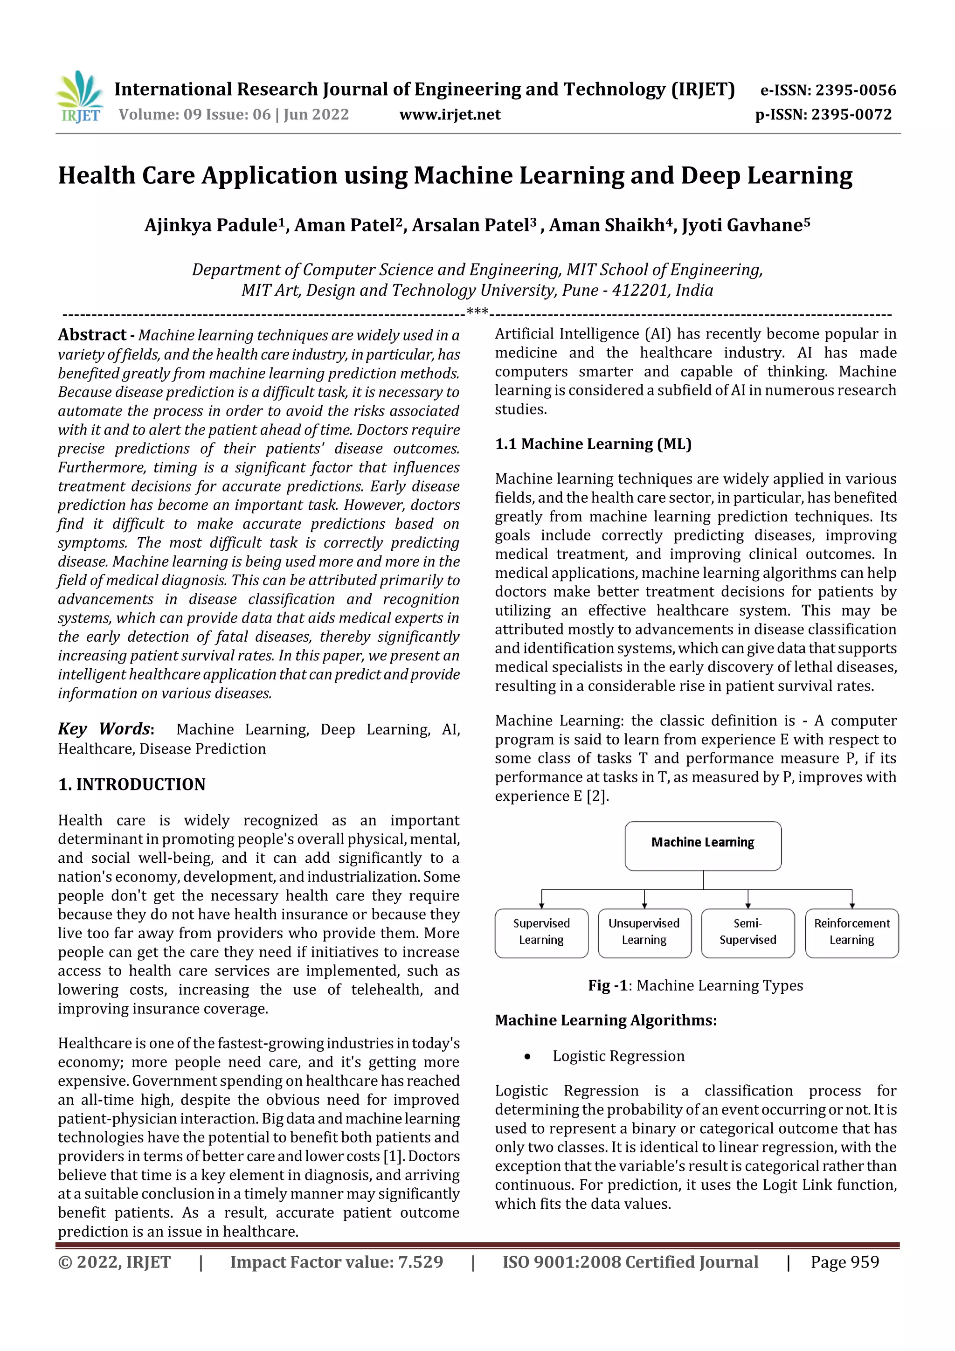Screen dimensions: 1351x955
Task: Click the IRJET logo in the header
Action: coord(79,97)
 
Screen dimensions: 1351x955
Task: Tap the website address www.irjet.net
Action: coord(450,114)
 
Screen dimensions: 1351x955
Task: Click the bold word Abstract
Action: coord(92,335)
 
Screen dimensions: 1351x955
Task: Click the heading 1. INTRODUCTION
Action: coord(132,784)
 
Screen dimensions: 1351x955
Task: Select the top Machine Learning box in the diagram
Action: coord(703,845)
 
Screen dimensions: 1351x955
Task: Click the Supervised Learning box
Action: coord(541,933)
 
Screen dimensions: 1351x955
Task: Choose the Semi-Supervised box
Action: coord(747,933)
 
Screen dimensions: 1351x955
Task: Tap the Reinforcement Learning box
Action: coord(851,933)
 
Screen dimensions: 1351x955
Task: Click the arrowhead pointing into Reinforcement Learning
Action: coord(851,906)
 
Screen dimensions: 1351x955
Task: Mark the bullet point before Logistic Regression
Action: coord(527,1057)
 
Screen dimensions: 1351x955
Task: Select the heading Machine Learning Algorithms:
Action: coord(605,1020)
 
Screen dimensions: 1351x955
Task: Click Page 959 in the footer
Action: coord(844,1262)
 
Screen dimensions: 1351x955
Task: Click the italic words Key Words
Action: coord(104,728)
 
